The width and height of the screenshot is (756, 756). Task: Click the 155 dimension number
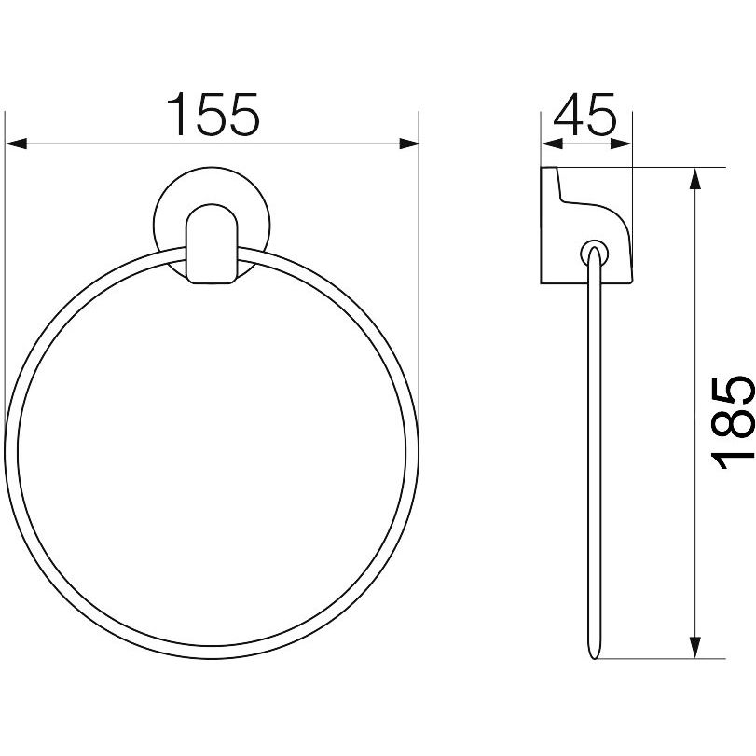[x=213, y=115]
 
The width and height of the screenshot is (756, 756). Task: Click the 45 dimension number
[x=584, y=115]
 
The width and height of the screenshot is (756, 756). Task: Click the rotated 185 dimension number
[x=732, y=422]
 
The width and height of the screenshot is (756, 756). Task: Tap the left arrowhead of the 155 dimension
[x=16, y=144]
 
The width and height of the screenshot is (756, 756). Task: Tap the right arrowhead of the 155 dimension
[x=409, y=144]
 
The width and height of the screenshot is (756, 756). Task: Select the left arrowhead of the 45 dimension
[x=552, y=144]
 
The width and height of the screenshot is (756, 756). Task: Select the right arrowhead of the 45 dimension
[x=621, y=144]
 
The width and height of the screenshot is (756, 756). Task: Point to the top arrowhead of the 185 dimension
[x=694, y=178]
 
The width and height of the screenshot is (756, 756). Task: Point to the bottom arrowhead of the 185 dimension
[x=694, y=648]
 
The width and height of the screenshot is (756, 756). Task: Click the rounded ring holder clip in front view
[x=212, y=244]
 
